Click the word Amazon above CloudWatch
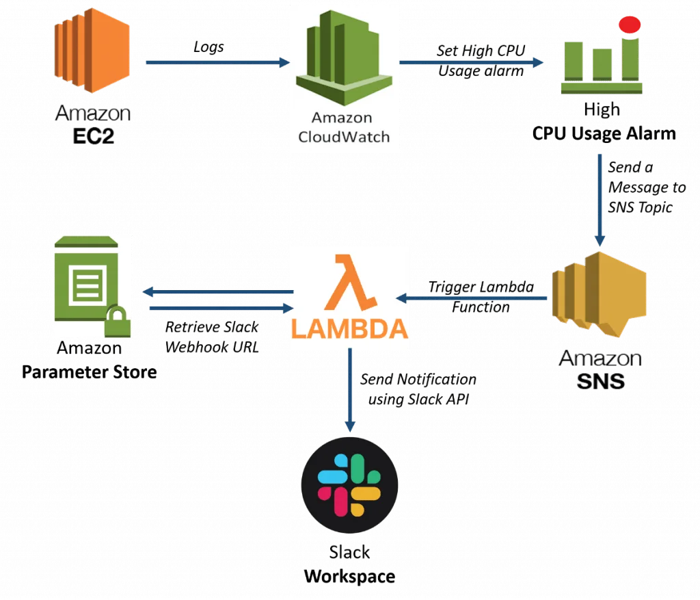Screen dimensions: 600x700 coord(342,118)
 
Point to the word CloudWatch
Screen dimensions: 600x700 coord(343,135)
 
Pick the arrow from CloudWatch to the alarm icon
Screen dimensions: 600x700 coord(472,64)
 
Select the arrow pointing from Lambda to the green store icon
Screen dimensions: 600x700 coord(215,293)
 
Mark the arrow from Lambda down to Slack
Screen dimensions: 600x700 coord(350,390)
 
